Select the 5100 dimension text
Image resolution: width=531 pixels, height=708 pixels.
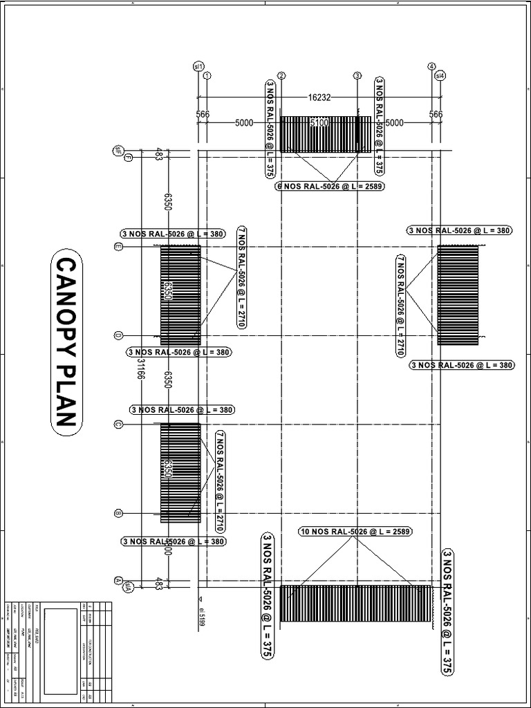[x=319, y=122]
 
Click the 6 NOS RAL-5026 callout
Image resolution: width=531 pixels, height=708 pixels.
[x=330, y=186]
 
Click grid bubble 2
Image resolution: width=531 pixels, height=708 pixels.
[x=281, y=75]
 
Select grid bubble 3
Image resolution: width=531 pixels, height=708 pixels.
[x=357, y=75]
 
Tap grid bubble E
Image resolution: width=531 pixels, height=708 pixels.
[x=118, y=246]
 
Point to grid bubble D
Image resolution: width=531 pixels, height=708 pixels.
[x=118, y=336]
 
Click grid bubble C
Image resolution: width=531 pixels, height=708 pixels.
[x=118, y=425]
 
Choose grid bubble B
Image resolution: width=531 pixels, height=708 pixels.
[x=118, y=514]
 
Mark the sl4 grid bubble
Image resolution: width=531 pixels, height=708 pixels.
[x=440, y=75]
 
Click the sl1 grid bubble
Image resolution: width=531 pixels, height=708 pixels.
[x=198, y=66]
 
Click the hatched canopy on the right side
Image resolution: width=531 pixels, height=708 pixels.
[x=458, y=295]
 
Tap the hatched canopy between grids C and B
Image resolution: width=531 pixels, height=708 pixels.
[x=180, y=473]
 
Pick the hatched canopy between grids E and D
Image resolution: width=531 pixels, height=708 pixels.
[x=180, y=295]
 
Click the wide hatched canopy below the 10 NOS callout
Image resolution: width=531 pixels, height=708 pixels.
[x=355, y=606]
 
